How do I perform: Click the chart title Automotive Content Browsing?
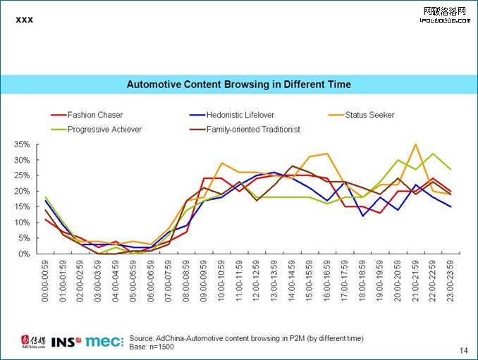pos(238,85)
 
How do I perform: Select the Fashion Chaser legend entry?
pos(94,115)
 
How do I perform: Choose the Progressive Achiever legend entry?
pos(104,129)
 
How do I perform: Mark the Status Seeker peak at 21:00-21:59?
pos(416,144)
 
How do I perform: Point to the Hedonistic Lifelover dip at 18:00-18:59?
pos(363,216)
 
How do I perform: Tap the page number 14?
pos(464,350)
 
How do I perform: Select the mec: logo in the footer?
pos(104,342)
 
